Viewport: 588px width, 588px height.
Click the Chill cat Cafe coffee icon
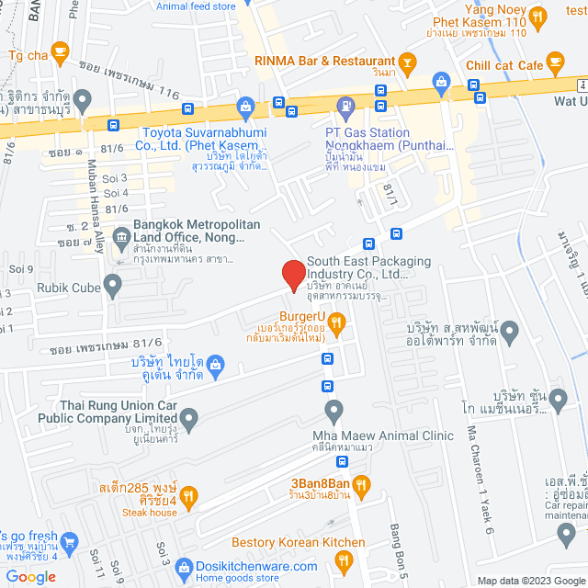click(554, 62)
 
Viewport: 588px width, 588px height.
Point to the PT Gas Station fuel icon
click(345, 108)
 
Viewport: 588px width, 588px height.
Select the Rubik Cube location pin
click(112, 286)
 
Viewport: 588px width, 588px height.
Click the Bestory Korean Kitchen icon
click(345, 560)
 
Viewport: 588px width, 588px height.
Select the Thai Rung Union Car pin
click(189, 421)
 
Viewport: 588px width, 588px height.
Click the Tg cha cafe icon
click(61, 51)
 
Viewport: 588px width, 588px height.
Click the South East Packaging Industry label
click(356, 267)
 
